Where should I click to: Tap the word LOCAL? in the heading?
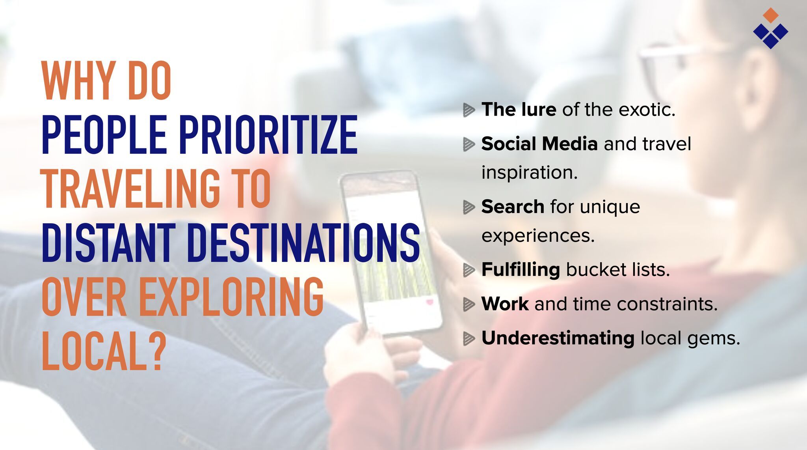coord(103,351)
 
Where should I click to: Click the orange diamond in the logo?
coord(771,15)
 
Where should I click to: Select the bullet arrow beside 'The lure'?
coord(469,110)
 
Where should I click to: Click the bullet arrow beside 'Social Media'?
coord(469,144)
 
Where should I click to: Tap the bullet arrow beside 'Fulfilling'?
coord(469,270)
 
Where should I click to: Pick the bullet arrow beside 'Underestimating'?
coord(469,338)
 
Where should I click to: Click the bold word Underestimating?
coord(558,338)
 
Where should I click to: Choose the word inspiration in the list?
coord(530,173)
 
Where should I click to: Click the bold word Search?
coord(513,207)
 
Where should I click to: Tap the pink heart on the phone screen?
coord(430,302)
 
